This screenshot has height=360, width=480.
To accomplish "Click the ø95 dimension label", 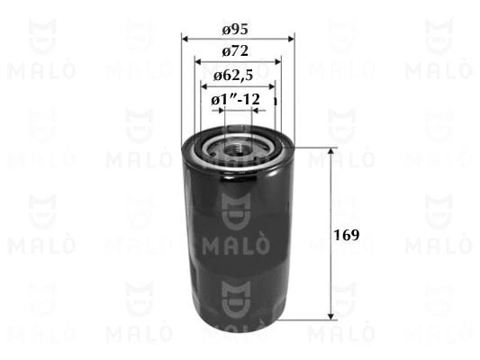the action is click(x=235, y=30).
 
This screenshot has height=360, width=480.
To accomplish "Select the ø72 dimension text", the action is click(x=235, y=51).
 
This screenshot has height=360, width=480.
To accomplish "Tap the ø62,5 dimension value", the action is click(x=233, y=76).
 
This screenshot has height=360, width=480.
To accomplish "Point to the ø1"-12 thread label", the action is click(x=235, y=99).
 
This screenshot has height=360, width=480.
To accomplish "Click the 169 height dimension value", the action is click(x=346, y=235).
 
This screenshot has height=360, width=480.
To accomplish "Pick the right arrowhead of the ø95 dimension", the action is click(x=291, y=39).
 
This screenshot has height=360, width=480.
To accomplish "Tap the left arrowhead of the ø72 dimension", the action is click(x=198, y=62).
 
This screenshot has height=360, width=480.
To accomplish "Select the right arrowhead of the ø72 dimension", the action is click(x=277, y=62).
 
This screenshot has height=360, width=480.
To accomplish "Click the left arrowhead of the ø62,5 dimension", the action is click(x=204, y=86).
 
